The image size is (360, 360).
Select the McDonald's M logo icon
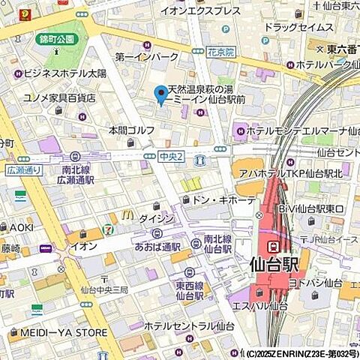pos(127,214)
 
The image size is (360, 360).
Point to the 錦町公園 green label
pos(56,39)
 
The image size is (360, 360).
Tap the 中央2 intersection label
pos(170,156)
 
